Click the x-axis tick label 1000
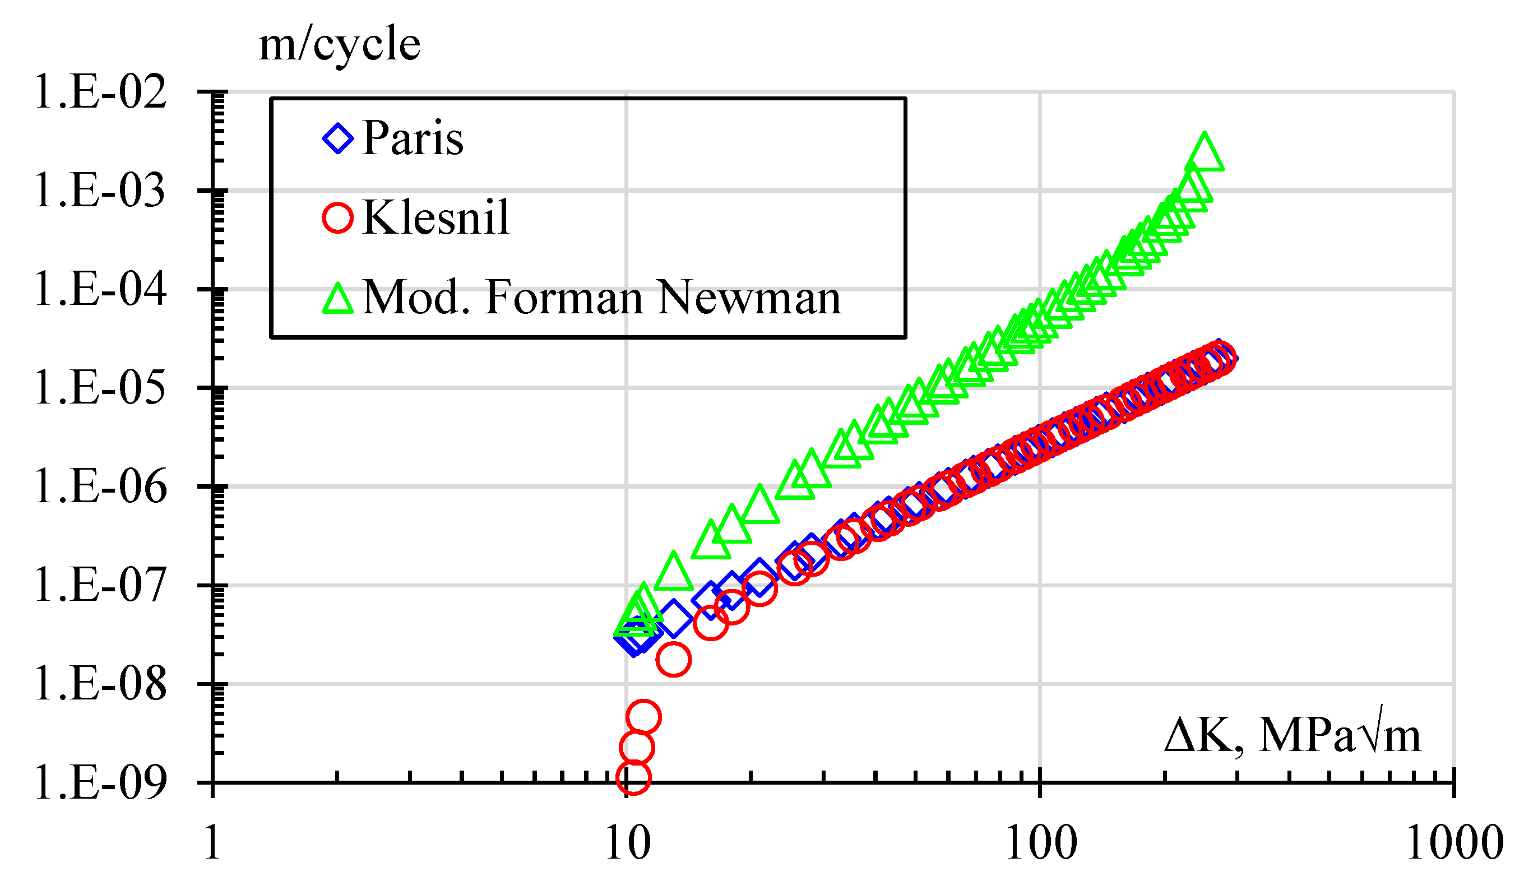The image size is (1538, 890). coord(1454,843)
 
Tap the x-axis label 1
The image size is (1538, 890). coord(212,843)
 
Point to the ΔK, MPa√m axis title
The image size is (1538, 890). coord(1293,735)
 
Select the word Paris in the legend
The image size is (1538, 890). coord(413,138)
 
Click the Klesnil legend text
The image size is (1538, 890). coord(435,218)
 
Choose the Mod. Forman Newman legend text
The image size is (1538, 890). coord(601,298)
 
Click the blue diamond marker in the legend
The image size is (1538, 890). coord(337,138)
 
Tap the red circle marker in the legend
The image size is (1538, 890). coord(337,218)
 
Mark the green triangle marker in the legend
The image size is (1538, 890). coord(337,299)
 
